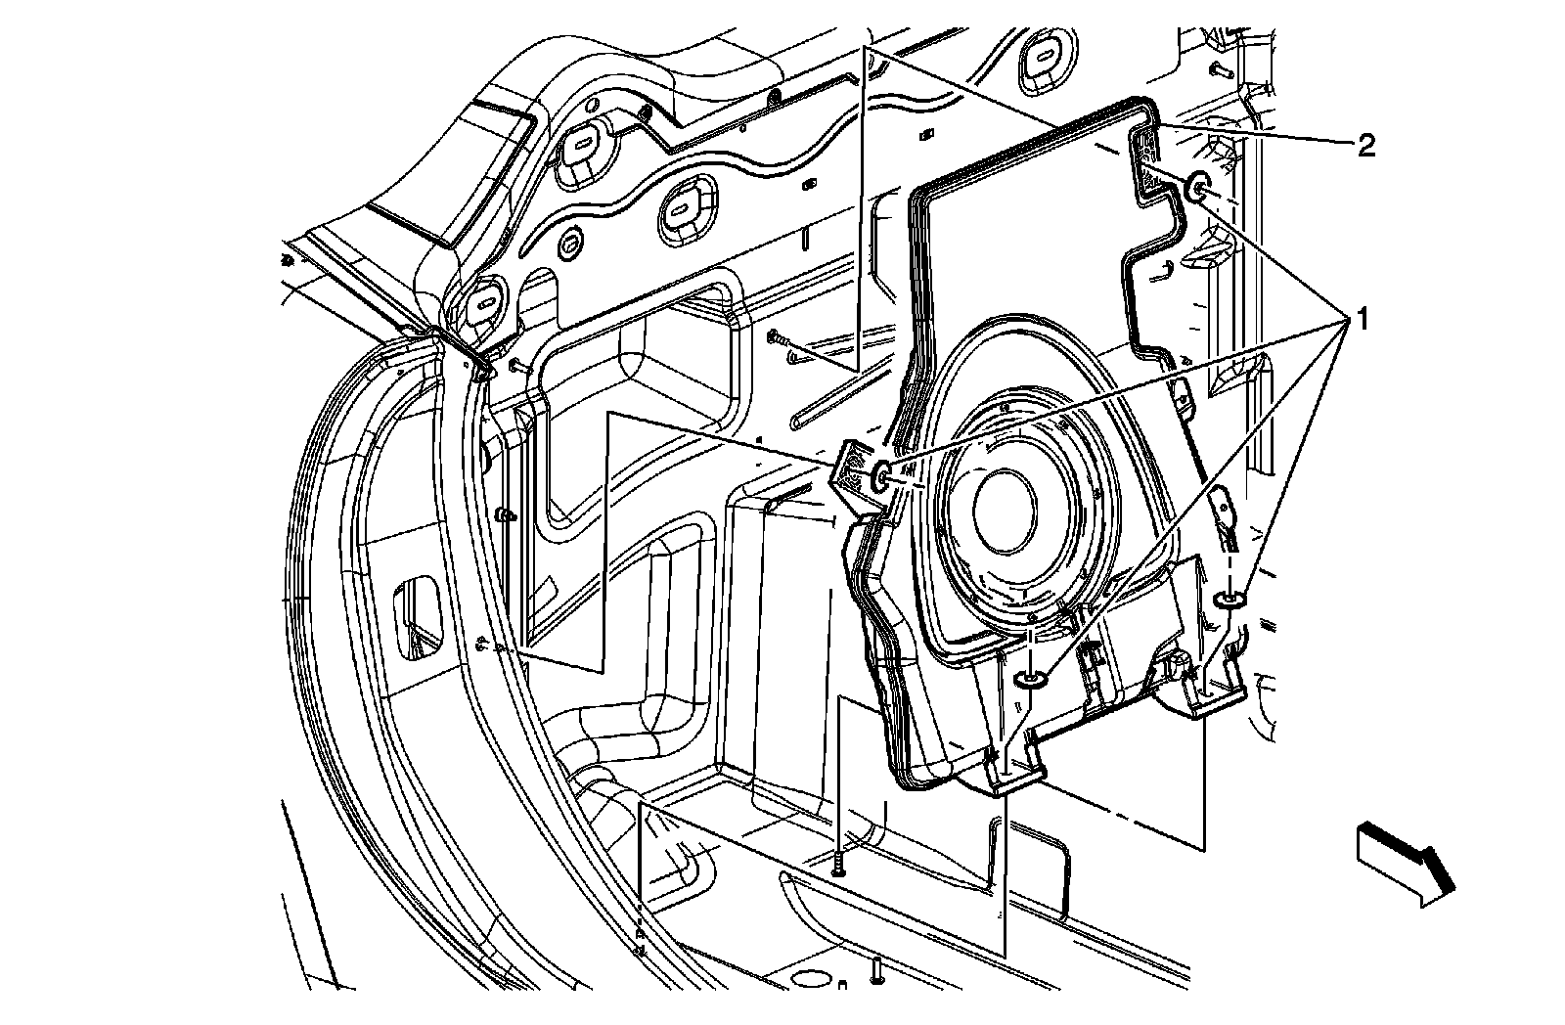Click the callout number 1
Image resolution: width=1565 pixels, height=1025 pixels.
pyautogui.click(x=1361, y=319)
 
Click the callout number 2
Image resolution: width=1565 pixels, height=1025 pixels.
pyautogui.click(x=1365, y=147)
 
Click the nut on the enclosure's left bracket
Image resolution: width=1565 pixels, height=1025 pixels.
pyautogui.click(x=879, y=476)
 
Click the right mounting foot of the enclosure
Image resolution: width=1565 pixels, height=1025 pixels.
pyautogui.click(x=1209, y=691)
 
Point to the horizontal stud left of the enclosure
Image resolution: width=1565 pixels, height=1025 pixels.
pyautogui.click(x=780, y=338)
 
